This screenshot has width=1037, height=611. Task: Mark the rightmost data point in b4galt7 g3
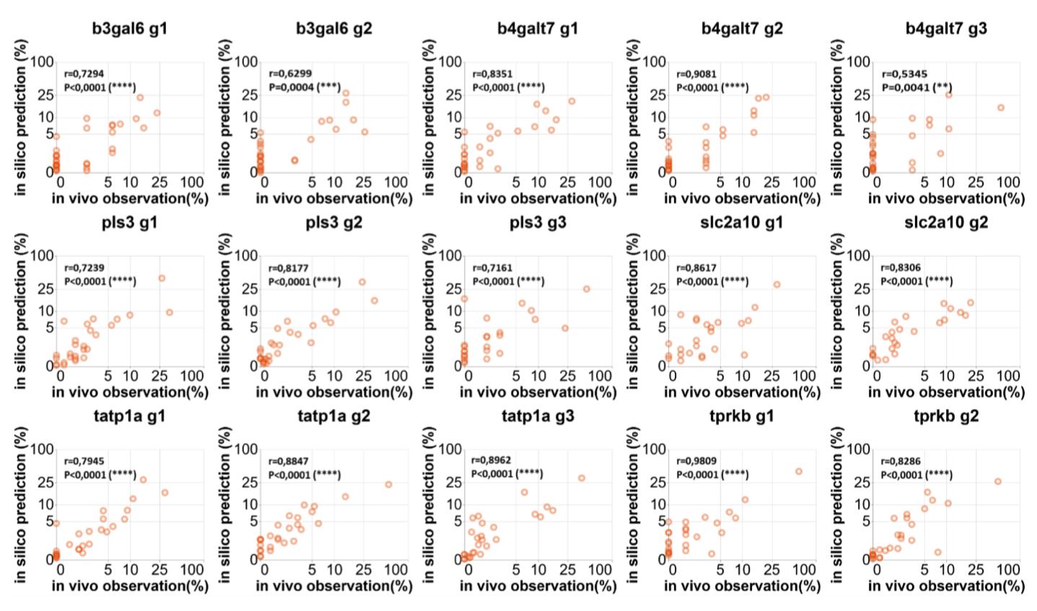point(1001,108)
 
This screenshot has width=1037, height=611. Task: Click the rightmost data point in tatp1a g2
point(388,484)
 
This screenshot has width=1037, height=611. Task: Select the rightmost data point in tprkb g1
point(798,471)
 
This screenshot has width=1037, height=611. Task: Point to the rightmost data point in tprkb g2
point(998,481)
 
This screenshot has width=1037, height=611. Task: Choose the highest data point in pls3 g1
point(162,278)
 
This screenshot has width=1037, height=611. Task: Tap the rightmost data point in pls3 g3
point(587,289)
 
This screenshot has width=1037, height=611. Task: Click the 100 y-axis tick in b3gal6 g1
point(43,62)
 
